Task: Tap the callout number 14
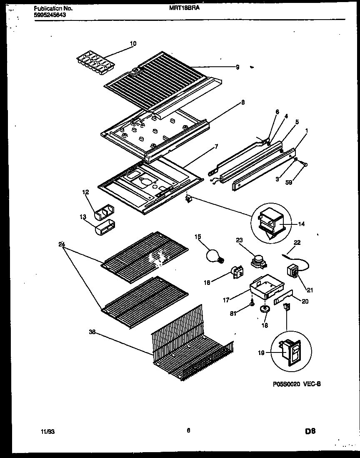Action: coord(301,224)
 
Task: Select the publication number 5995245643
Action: coord(49,15)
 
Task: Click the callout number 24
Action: coord(62,244)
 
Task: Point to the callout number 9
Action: coord(237,67)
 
